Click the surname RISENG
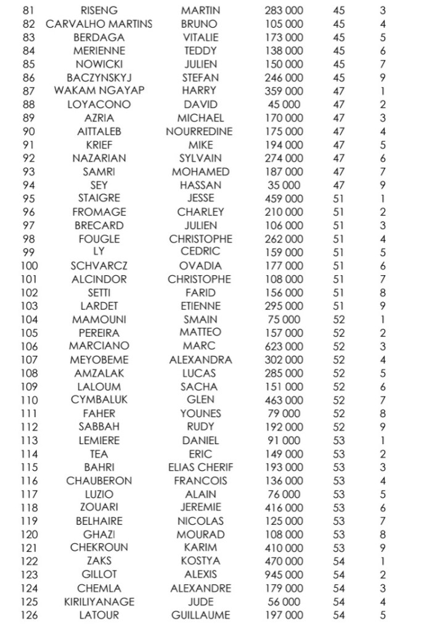pos(99,10)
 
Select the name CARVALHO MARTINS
pos(99,24)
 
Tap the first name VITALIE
pos(200,38)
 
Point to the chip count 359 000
pos(284,91)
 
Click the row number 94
pos(29,185)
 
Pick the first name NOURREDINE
pos(199,131)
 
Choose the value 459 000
pos(284,199)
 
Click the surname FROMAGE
pos(99,212)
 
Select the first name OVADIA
pos(200,266)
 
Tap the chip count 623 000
pos(284,346)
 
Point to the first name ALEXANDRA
pos(200,360)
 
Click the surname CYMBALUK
pos(99,400)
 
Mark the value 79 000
pos(284,413)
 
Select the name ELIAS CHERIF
pos(200,467)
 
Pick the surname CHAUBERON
pos(99,480)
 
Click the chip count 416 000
pos(284,508)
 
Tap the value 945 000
pos(284,575)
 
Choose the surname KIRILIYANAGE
pos(99,601)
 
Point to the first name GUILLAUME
pos(200,615)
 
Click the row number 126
pos(29,615)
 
